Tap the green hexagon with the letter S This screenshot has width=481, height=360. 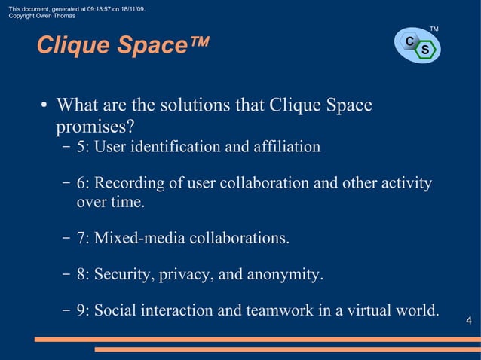click(425, 50)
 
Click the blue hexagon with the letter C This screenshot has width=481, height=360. click(409, 41)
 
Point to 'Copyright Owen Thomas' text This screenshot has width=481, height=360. click(41, 16)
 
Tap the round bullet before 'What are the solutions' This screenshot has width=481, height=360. click(45, 105)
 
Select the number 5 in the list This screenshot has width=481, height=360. click(80, 146)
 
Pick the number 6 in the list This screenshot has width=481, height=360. click(80, 183)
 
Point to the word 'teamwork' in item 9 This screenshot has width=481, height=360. click(278, 310)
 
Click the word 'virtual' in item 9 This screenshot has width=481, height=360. click(371, 310)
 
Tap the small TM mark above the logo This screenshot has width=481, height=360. click(434, 29)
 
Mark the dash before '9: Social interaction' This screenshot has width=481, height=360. click(67, 310)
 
